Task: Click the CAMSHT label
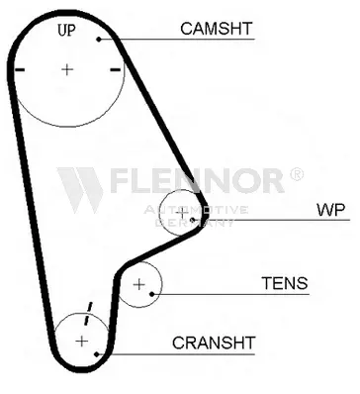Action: point(217,29)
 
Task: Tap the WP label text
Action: point(330,210)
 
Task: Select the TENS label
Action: point(285,283)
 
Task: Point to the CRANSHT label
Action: point(214,343)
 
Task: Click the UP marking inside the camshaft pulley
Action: point(66,31)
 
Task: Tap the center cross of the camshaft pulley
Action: point(67,69)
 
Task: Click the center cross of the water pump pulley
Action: point(181,214)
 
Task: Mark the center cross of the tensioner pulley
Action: point(139,284)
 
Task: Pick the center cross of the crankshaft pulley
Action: point(81,341)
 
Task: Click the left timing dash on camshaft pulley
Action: point(20,69)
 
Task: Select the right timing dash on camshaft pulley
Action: point(115,69)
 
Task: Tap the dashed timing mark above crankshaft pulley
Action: point(88,313)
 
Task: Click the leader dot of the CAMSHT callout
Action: point(99,40)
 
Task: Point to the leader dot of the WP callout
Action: point(193,220)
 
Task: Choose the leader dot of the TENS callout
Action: point(152,294)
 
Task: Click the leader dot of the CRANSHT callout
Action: point(97,354)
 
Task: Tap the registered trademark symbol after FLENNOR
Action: point(296,174)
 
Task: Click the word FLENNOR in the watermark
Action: point(197,180)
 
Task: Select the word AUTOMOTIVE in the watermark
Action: point(196,210)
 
